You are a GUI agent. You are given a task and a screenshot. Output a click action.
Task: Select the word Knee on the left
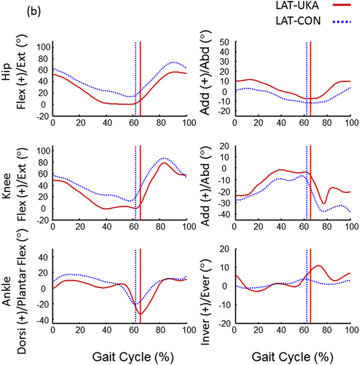pos(8,184)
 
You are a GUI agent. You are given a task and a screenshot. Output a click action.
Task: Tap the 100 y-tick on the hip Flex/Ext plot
pos(41,46)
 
